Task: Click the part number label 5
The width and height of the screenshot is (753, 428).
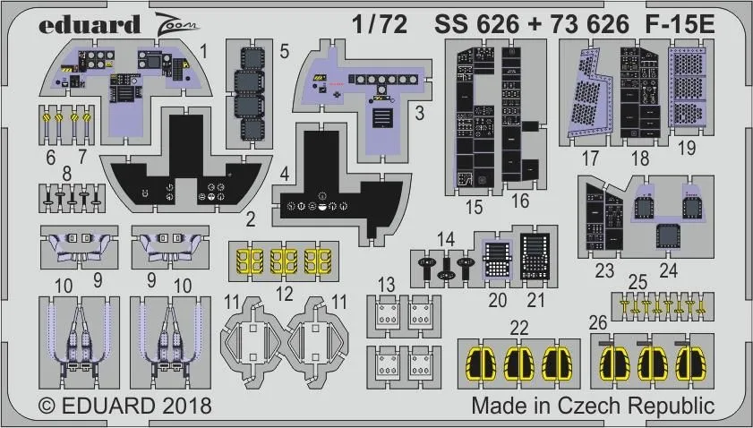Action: [284, 51]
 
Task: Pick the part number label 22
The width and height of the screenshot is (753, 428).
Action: [518, 328]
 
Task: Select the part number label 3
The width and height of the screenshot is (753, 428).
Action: [419, 114]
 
